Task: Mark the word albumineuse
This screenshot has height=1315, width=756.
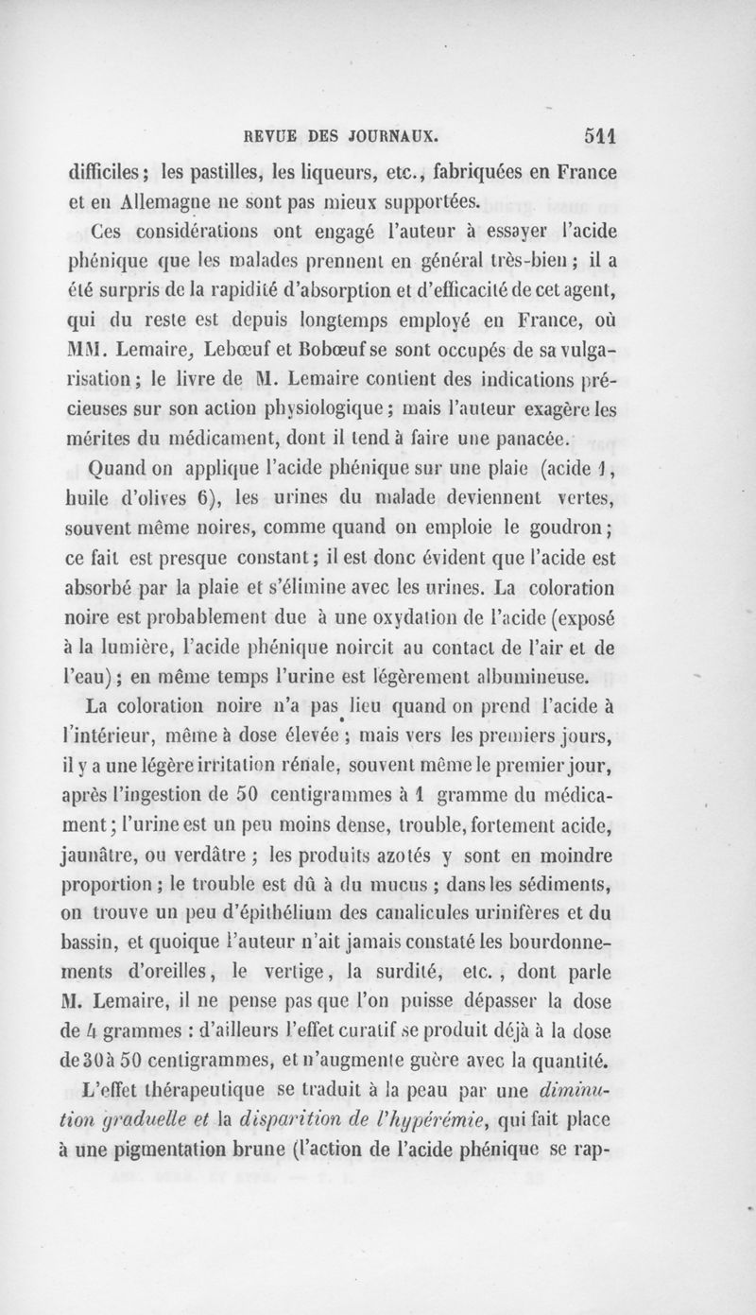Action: point(565,676)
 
